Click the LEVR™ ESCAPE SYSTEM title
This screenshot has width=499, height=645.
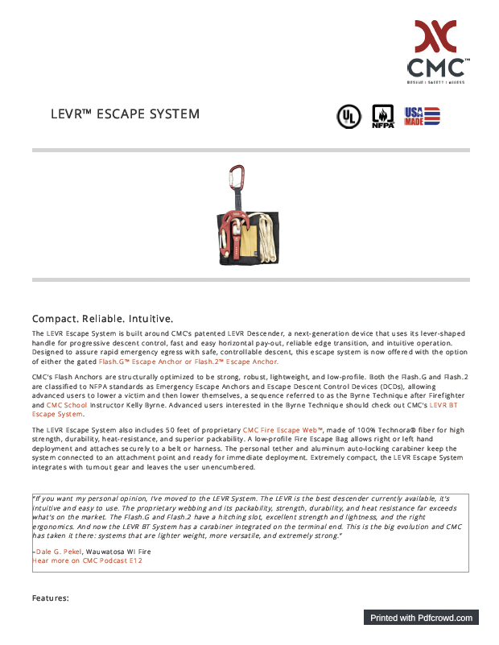point(125,114)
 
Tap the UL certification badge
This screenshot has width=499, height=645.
point(348,117)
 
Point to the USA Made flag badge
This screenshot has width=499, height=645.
point(422,116)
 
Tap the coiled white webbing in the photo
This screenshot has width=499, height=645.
point(266,234)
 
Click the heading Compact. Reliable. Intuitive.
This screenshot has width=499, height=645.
point(102,318)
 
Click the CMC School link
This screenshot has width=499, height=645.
point(65,405)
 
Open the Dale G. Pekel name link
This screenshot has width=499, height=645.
point(58,552)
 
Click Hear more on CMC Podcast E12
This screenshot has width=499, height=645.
point(87,560)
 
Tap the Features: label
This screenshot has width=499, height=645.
point(51,598)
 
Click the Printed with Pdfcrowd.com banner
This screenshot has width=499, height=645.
point(421,618)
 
